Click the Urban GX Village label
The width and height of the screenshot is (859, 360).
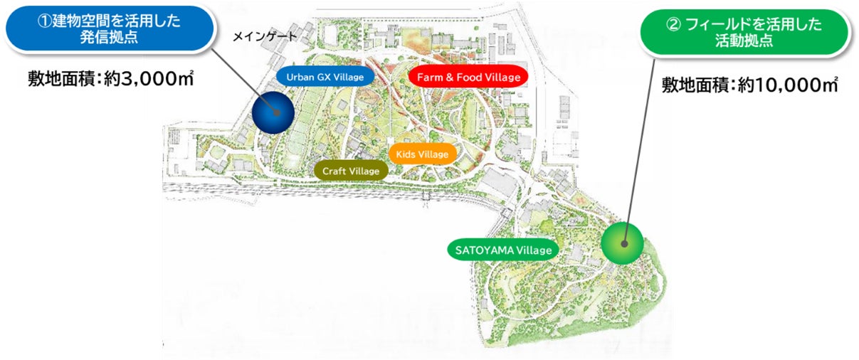(324, 77)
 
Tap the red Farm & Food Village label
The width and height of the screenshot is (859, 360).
(468, 77)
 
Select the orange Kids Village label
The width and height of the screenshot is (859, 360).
(423, 154)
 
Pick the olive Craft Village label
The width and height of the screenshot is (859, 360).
(351, 171)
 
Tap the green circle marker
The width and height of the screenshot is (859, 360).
(622, 243)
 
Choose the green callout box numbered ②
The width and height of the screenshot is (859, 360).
(744, 32)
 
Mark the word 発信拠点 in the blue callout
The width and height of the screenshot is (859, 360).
(108, 37)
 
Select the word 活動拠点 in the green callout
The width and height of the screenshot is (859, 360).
(744, 41)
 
